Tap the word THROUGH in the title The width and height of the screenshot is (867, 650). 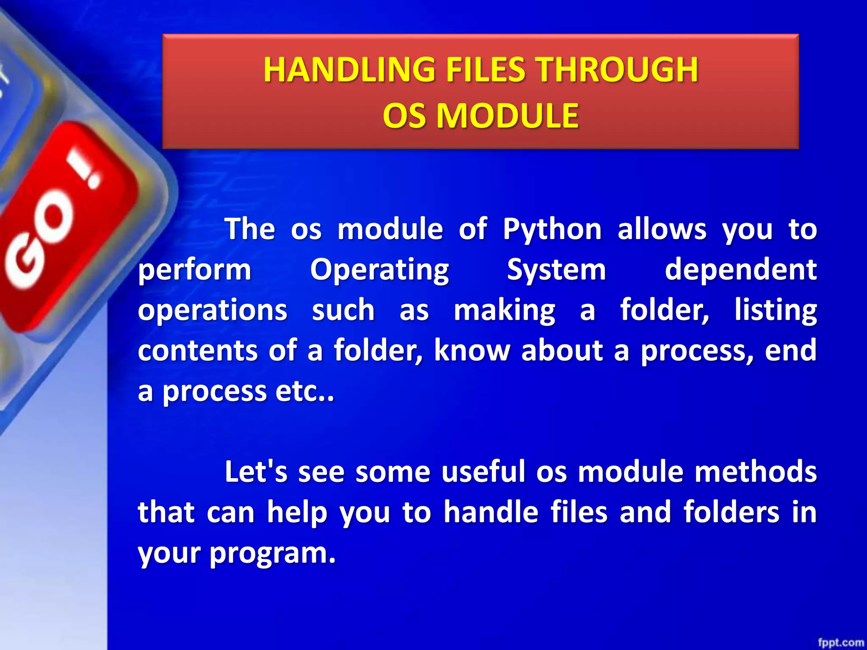616,70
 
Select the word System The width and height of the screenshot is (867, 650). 556,270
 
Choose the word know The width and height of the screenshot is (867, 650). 472,350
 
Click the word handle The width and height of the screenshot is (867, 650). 491,512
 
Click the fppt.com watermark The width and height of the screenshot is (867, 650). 840,642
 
